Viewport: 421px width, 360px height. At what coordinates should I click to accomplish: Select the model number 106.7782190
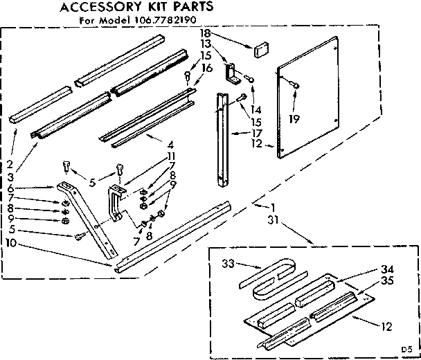click(x=162, y=21)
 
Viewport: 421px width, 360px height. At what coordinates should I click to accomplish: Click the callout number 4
click(x=170, y=144)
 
